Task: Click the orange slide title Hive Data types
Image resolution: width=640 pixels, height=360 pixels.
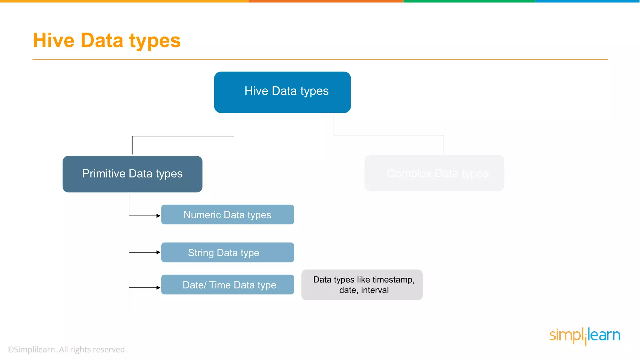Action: [107, 41]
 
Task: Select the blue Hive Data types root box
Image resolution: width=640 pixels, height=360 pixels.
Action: [282, 92]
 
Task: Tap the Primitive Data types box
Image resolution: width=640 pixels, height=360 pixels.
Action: [132, 174]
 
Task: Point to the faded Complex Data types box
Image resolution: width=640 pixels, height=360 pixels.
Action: [434, 173]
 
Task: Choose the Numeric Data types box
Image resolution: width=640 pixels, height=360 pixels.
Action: [227, 215]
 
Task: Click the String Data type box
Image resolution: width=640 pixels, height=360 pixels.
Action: [227, 252]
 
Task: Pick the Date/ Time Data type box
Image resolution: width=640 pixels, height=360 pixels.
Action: [227, 285]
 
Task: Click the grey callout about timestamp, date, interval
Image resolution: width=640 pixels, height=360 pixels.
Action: [362, 285]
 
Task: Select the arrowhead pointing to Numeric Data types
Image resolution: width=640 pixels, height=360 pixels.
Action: [158, 216]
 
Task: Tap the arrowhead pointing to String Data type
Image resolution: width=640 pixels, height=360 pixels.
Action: [158, 252]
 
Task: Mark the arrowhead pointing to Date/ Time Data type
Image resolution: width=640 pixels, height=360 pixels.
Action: [158, 287]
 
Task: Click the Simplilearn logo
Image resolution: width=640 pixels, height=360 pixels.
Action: [585, 336]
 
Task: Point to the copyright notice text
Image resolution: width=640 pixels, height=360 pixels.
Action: [67, 349]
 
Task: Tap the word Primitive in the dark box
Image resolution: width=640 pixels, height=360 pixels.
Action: [104, 173]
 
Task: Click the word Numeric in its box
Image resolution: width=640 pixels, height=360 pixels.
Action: [202, 215]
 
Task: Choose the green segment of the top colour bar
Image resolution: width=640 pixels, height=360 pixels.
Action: [469, 1]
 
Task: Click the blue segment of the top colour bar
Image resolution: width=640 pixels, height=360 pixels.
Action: [587, 1]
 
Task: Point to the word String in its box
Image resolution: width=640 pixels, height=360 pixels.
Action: [201, 252]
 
